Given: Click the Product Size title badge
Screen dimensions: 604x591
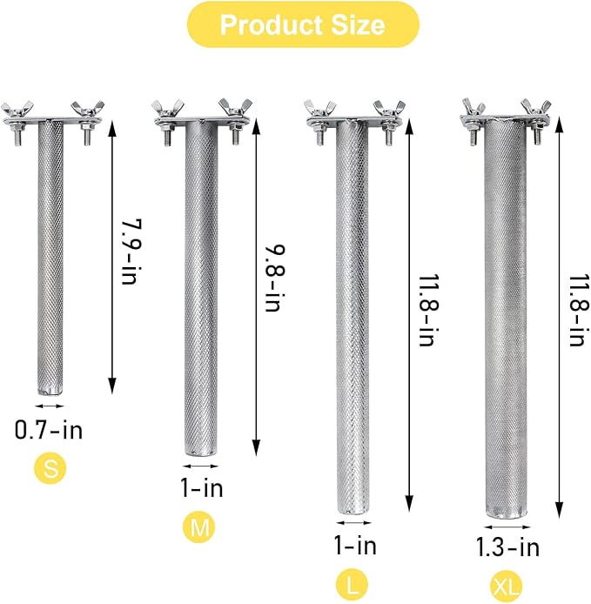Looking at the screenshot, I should [x=301, y=24].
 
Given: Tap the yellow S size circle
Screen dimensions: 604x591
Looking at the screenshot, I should [x=50, y=469].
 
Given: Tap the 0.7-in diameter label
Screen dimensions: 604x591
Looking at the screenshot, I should [x=50, y=429].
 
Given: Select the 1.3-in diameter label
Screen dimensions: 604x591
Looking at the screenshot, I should [x=507, y=547].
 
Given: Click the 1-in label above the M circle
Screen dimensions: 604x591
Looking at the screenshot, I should [x=201, y=488].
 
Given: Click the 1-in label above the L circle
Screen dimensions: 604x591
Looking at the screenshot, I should [x=354, y=547].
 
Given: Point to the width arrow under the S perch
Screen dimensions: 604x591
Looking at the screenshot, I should [x=50, y=406].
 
